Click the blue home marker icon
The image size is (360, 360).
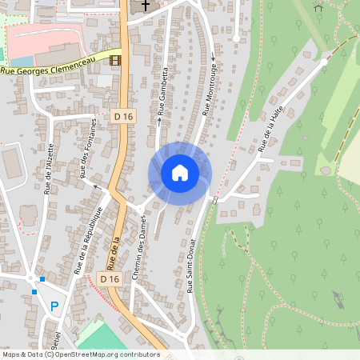180,173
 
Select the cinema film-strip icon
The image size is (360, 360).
116,60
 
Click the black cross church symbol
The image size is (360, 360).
145,6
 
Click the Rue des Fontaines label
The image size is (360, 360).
88,149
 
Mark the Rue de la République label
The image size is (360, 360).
90,239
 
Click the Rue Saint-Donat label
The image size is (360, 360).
192,267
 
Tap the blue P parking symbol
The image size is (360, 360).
54,306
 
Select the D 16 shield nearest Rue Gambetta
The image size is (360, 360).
123,117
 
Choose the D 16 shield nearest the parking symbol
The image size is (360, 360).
110,278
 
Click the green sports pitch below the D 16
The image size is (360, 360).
100,336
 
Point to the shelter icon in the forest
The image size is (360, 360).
318,6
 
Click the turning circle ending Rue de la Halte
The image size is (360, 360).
323,61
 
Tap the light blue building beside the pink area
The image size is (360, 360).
22,61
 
